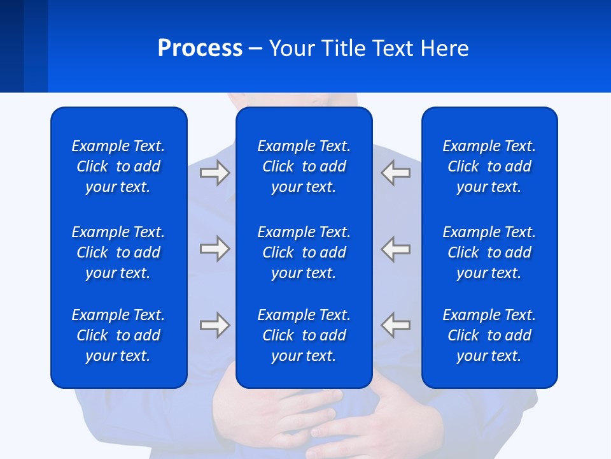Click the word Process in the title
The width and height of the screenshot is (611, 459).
[x=200, y=48]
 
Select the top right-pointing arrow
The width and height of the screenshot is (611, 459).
[x=214, y=173]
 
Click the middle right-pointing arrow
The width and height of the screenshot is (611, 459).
[x=214, y=249]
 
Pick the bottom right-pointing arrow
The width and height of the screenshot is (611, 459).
[x=214, y=325]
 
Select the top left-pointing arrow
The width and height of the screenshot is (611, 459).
[x=395, y=173]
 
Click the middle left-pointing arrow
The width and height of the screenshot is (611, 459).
[x=395, y=249]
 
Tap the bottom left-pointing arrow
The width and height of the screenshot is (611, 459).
[x=395, y=325]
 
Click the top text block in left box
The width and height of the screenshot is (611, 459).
[x=118, y=166]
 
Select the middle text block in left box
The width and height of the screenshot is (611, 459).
[x=118, y=252]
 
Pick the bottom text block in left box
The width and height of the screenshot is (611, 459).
[x=118, y=335]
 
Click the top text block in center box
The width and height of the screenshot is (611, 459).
[x=304, y=166]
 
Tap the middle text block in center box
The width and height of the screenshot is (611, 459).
[x=304, y=252]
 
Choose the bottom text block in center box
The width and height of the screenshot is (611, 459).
[x=304, y=335]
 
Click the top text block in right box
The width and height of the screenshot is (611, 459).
[x=489, y=166]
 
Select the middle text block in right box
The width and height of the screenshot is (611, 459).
[x=489, y=252]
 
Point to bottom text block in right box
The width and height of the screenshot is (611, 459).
[x=489, y=335]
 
